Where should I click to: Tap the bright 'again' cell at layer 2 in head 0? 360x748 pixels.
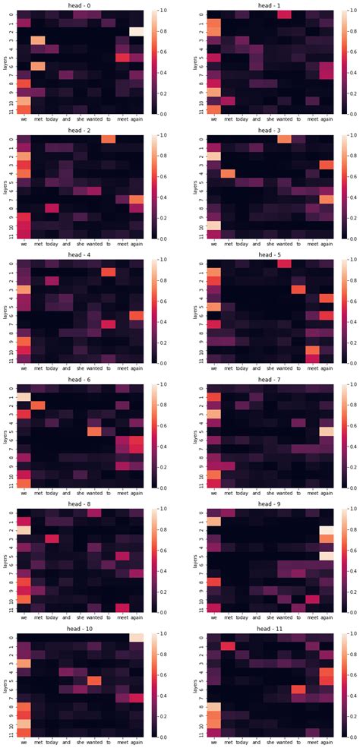pyautogui.click(x=136, y=31)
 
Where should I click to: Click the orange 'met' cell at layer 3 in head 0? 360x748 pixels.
pyautogui.click(x=37, y=40)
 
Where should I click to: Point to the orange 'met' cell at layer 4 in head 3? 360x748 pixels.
pyautogui.click(x=228, y=173)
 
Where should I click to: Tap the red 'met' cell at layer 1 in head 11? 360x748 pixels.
pyautogui.click(x=228, y=646)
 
